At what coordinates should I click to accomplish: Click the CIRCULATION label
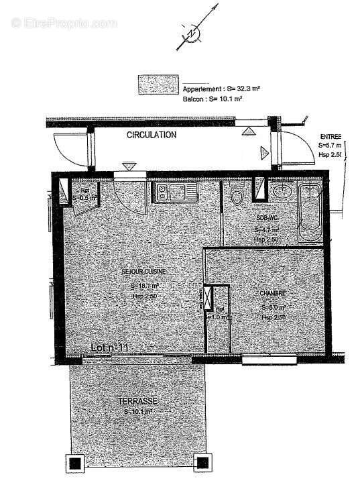pos(152,135)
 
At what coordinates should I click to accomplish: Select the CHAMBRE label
pos(274,293)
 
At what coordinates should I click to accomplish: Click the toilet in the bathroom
pos(236,195)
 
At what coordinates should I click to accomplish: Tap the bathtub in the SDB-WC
pos(310,211)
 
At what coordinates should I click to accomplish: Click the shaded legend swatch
pos(158,85)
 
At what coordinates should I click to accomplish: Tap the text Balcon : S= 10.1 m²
pos(212,98)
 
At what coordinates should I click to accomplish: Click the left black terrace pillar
pos(74,463)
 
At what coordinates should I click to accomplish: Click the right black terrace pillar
pos(200,463)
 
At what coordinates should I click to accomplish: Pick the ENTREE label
pos(331,135)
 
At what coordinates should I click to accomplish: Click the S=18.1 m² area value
pos(143,286)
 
